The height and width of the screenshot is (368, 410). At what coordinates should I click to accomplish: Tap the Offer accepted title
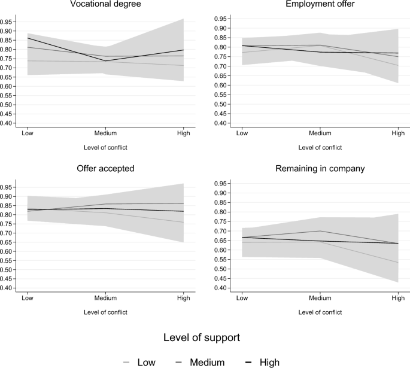tap(105, 169)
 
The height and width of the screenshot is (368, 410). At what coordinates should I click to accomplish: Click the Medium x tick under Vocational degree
tap(106, 133)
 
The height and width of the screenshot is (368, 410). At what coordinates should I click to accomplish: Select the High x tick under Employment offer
tap(397, 133)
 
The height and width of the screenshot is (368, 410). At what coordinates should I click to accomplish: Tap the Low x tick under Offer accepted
tap(26, 297)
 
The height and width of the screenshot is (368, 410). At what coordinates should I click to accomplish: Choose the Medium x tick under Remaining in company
tap(320, 297)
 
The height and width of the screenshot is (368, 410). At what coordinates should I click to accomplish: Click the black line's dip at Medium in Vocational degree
tap(106, 61)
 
